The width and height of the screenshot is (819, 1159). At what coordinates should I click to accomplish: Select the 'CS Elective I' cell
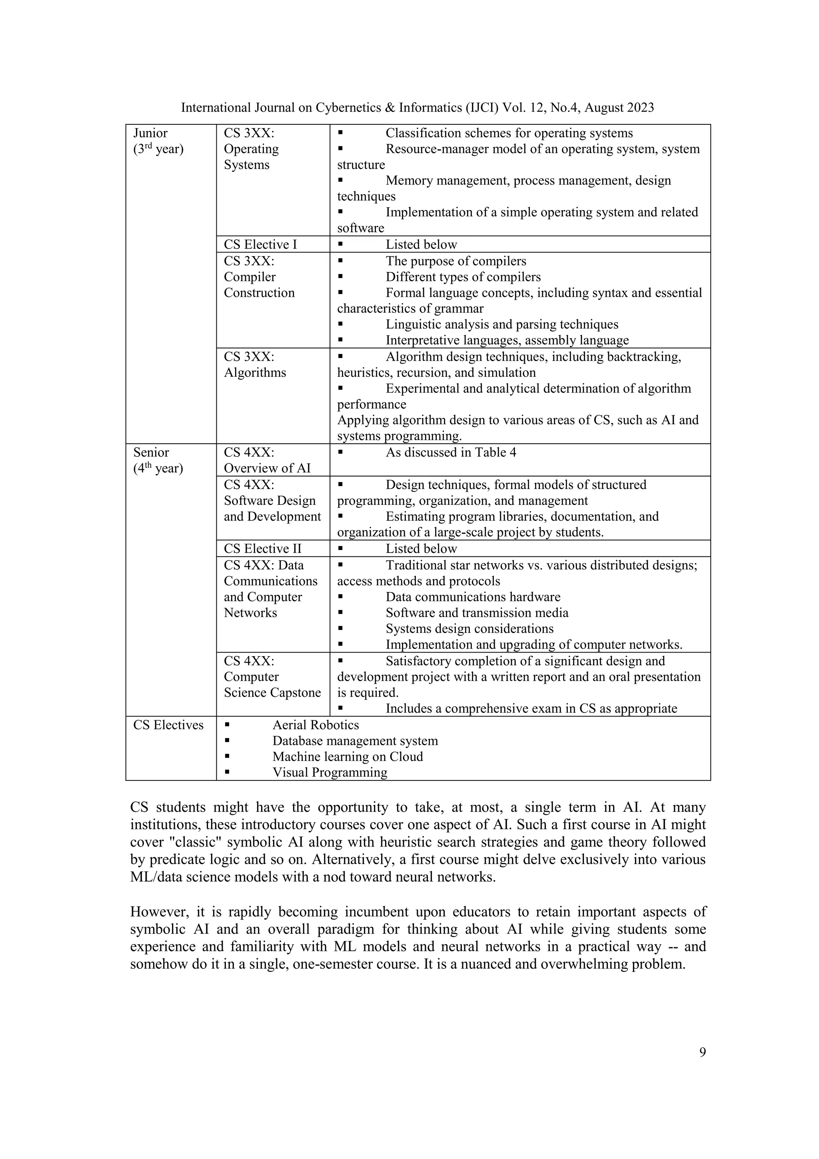260,244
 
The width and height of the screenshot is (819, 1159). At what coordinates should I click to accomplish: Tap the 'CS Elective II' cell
262,549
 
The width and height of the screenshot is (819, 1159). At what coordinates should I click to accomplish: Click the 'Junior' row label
150,133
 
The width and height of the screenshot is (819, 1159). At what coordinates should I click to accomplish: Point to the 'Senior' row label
152,452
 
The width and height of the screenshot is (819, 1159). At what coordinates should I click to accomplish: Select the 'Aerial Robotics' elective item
316,725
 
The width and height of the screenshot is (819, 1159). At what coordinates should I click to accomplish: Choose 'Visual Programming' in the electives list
330,772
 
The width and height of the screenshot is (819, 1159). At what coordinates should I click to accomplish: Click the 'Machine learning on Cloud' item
347,757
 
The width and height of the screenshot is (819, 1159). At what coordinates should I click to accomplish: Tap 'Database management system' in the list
355,741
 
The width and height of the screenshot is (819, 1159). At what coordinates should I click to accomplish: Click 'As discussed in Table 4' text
451,452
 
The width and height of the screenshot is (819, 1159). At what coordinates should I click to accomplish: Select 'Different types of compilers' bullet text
463,277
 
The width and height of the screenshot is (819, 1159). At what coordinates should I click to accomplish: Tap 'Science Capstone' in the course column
272,693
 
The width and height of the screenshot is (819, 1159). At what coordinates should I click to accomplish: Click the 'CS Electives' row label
168,725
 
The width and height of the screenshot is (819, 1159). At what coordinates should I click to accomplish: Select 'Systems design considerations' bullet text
469,629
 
